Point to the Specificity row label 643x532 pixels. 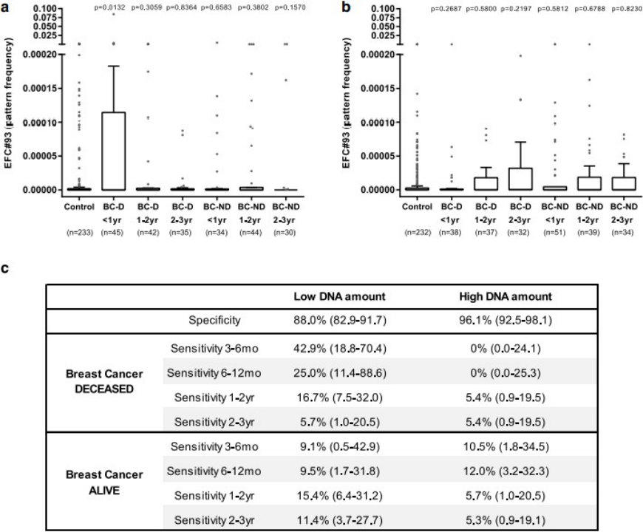click(209, 320)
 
